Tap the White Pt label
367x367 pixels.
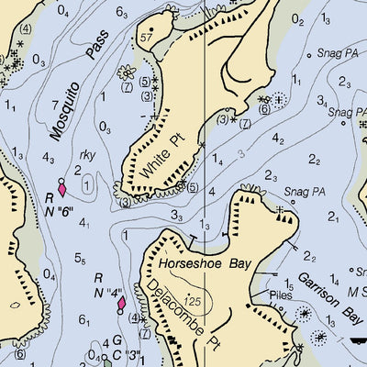coord(161,156)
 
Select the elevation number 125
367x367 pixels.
coord(191,300)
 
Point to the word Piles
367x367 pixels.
coord(280,295)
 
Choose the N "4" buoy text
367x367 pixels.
coord(108,295)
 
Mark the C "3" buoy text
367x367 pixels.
coord(128,354)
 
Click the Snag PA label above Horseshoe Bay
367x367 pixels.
coord(305,192)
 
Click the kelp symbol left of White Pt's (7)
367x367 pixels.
coord(128,71)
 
